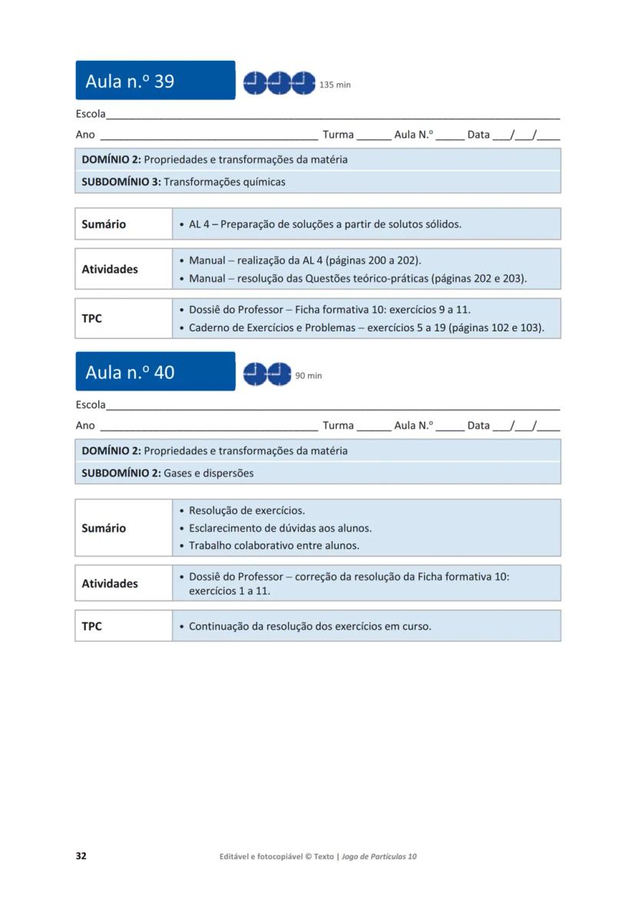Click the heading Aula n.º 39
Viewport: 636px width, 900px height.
click(x=130, y=81)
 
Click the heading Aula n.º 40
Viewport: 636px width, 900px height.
click(x=130, y=372)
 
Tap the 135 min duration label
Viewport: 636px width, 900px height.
click(x=335, y=85)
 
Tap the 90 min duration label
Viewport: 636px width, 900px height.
click(x=309, y=376)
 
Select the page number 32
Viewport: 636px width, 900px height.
click(x=81, y=856)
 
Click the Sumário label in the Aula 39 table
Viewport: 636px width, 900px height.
click(x=104, y=224)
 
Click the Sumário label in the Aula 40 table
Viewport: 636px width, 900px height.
click(x=104, y=528)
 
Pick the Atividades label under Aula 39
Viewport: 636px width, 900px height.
click(x=110, y=269)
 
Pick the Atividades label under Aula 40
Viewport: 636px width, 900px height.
click(x=110, y=583)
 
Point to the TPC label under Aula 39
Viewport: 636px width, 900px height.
click(x=91, y=318)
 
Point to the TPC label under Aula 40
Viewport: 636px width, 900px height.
click(x=91, y=626)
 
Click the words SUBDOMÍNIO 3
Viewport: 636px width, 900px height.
click(x=121, y=182)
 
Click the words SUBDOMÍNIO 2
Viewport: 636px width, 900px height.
click(x=121, y=473)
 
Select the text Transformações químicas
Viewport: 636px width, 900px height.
click(x=224, y=182)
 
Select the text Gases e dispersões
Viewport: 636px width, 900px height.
click(x=208, y=473)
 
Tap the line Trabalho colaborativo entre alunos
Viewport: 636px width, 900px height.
click(x=274, y=546)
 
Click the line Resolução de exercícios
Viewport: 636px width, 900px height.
click(x=247, y=510)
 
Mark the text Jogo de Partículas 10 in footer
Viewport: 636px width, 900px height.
click(x=379, y=856)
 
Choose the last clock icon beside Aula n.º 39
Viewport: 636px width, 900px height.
click(x=303, y=82)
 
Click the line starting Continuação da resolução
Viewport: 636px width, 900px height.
click(x=310, y=626)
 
